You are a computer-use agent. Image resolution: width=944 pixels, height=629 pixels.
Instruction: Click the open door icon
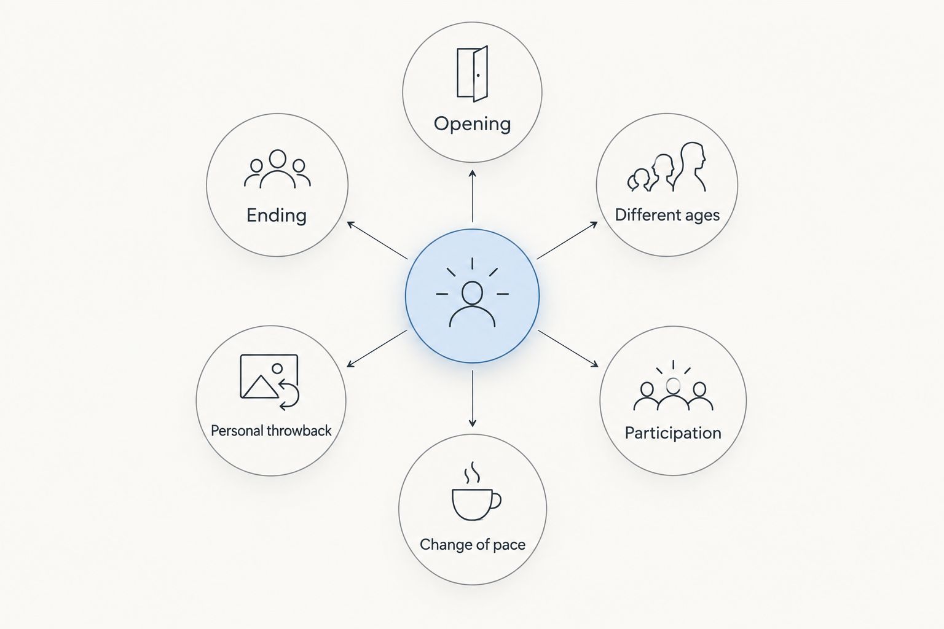coord(473,74)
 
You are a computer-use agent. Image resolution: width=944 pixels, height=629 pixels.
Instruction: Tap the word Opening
coord(473,124)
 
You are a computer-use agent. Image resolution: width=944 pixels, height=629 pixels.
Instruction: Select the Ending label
coord(277,215)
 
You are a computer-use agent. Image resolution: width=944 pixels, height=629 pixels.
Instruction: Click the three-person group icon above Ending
coord(277,168)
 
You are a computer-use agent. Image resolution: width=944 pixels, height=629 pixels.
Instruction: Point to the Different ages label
coord(667,215)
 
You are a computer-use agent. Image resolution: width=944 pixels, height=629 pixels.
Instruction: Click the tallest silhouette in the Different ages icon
coord(691,167)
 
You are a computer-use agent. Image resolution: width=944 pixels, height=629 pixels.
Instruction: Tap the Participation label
coord(673,433)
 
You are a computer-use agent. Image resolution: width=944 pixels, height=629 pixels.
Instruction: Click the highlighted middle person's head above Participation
coord(673,385)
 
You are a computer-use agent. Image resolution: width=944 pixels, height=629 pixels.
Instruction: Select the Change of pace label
coord(473,545)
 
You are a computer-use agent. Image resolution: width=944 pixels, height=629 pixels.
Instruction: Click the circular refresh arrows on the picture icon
coord(289,394)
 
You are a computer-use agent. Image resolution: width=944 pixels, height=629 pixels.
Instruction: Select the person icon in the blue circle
coord(473,304)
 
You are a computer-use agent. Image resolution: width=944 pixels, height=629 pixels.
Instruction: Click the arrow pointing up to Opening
coord(473,196)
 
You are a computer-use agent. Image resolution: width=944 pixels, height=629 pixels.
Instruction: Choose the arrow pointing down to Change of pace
coord(473,399)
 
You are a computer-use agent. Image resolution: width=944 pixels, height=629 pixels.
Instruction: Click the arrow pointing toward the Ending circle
coord(377,241)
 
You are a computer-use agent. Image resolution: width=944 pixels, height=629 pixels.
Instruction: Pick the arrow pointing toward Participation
coord(568,349)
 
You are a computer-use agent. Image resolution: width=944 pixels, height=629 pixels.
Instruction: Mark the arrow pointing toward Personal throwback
coord(377,349)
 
